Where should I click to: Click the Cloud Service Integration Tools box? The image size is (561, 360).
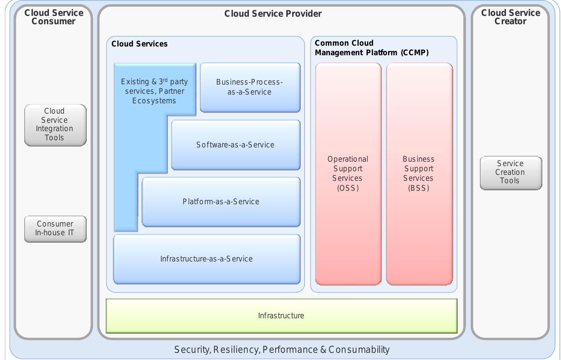click(55, 125)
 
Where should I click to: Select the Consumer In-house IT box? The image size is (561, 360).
click(55, 228)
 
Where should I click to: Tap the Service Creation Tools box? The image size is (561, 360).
click(511, 172)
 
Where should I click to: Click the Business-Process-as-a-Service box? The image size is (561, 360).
click(250, 87)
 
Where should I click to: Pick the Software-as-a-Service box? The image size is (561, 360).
click(235, 145)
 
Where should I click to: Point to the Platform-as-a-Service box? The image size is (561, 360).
click(221, 202)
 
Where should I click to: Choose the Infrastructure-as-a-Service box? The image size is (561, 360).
click(206, 259)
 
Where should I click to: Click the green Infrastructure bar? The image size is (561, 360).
click(281, 316)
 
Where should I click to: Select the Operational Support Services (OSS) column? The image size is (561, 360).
click(348, 223)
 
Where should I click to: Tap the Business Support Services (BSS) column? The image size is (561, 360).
click(419, 223)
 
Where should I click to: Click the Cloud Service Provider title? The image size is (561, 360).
click(273, 14)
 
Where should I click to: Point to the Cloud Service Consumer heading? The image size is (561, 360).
click(54, 17)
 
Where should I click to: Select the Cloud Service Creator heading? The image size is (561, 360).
click(511, 17)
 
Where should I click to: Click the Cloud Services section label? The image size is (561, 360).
click(140, 44)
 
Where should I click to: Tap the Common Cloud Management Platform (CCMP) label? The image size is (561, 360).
click(371, 48)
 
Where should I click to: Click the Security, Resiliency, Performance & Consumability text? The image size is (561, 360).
click(282, 350)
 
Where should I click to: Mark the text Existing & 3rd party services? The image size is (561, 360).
click(154, 86)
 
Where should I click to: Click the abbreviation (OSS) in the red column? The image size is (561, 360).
click(348, 188)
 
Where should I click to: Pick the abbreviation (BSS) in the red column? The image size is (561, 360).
click(419, 188)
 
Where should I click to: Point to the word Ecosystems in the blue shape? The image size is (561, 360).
click(154, 101)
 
